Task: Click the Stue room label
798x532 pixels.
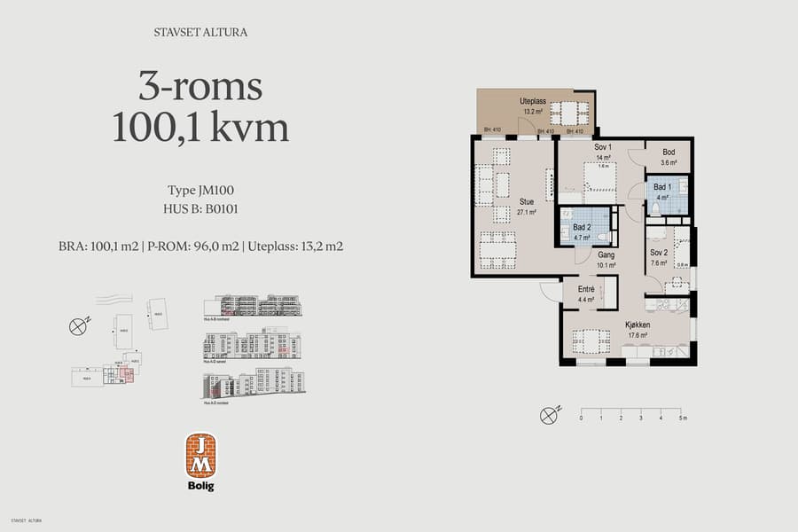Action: tap(526, 201)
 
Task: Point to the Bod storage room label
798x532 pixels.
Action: tap(669, 153)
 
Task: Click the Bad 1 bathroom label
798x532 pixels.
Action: tap(662, 187)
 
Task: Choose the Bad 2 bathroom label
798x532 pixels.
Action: tap(582, 227)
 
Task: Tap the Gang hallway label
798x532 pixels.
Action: tap(606, 254)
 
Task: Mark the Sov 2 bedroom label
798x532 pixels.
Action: tap(659, 252)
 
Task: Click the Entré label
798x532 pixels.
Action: tap(586, 289)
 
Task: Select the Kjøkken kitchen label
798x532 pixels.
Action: tap(638, 325)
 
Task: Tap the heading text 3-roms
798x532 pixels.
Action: tap(200, 87)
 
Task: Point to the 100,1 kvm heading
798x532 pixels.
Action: tap(200, 128)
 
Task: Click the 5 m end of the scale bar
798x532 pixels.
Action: tap(681, 411)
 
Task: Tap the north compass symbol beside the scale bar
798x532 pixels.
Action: tap(551, 412)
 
